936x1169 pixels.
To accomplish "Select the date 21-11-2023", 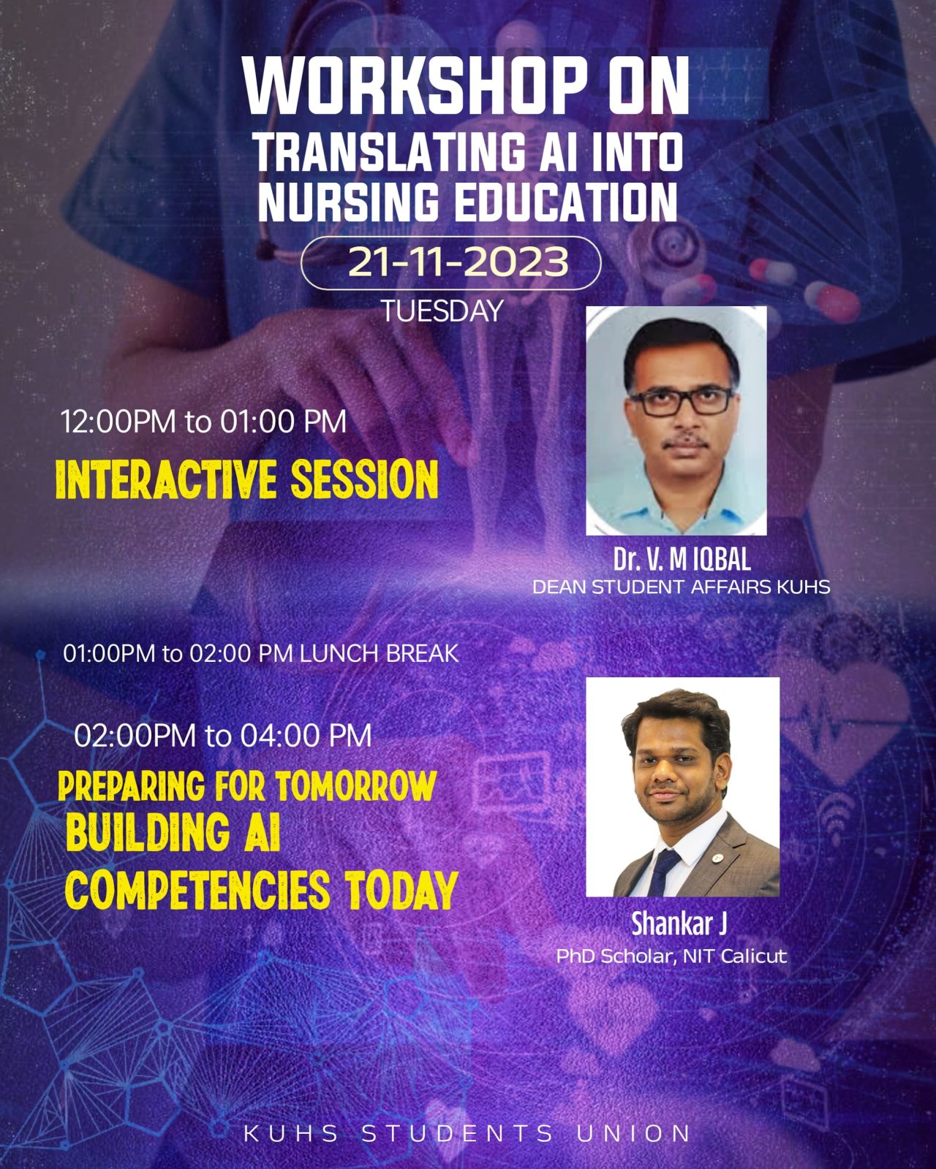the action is pyautogui.click(x=450, y=263).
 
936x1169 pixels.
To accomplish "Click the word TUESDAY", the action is pyautogui.click(x=442, y=311).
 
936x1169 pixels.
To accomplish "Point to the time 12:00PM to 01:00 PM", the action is pyautogui.click(x=203, y=422).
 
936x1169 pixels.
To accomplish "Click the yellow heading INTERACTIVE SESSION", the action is pyautogui.click(x=247, y=480).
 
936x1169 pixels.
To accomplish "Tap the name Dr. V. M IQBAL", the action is pyautogui.click(x=682, y=559).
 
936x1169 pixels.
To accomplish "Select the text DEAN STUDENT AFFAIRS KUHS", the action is pyautogui.click(x=682, y=587).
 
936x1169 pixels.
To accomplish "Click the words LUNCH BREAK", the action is pyautogui.click(x=379, y=653).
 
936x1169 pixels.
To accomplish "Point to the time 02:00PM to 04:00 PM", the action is pyautogui.click(x=223, y=736).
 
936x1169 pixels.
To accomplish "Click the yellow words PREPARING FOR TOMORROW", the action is pyautogui.click(x=247, y=785).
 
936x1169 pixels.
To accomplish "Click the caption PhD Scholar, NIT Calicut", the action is pyautogui.click(x=671, y=956).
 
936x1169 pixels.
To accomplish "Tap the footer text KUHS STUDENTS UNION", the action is pyautogui.click(x=467, y=1133).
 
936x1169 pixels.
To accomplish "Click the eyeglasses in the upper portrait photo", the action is pyautogui.click(x=682, y=401).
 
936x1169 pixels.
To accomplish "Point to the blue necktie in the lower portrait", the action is pyautogui.click(x=663, y=872).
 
